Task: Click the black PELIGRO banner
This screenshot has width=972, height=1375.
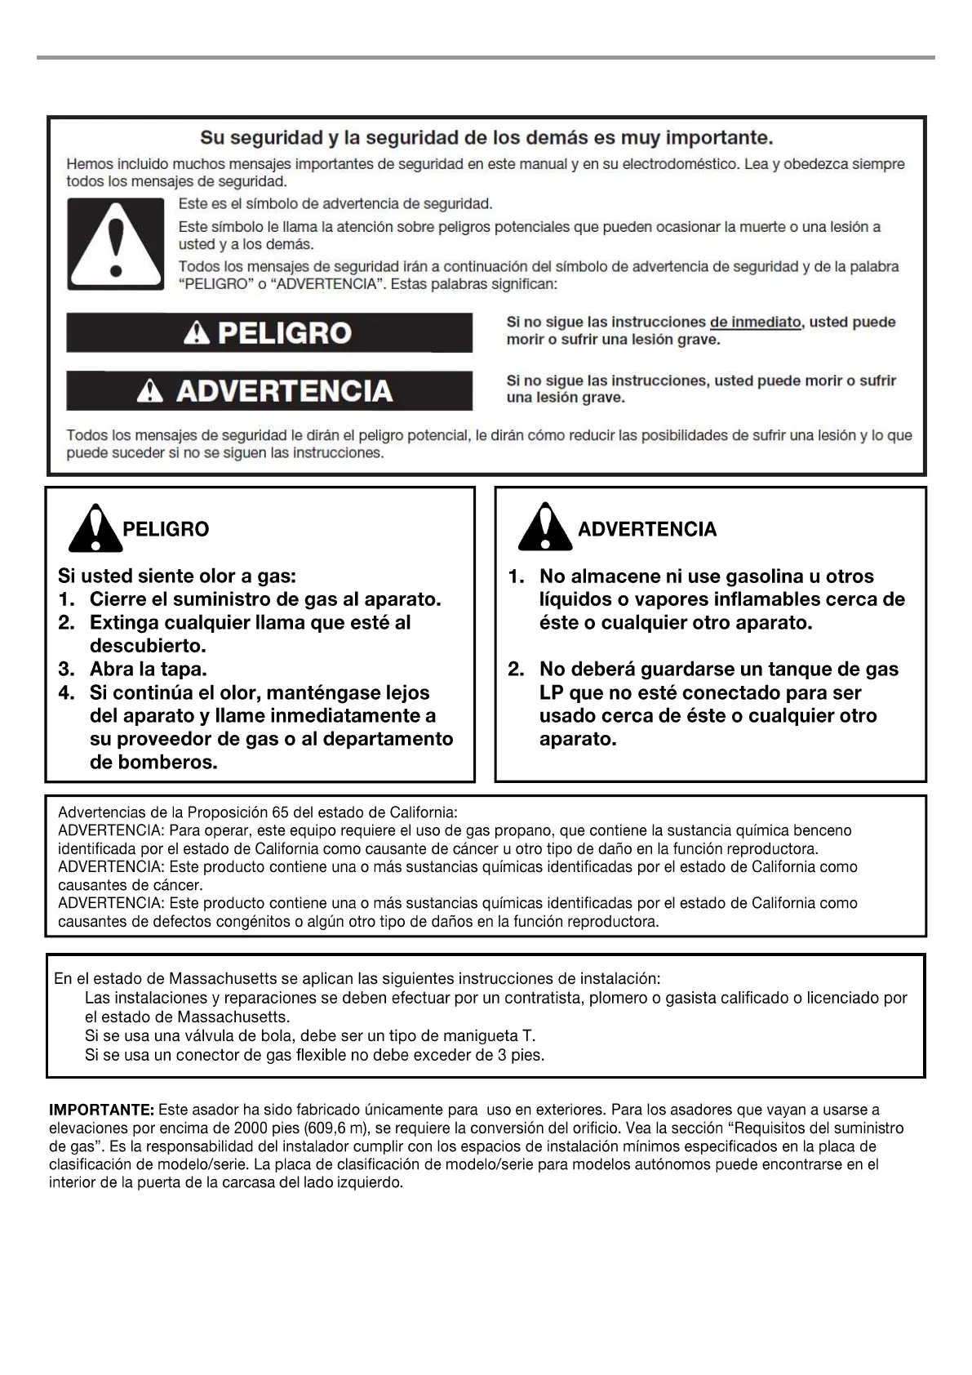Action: [x=269, y=333]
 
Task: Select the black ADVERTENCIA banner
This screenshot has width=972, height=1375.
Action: [x=269, y=391]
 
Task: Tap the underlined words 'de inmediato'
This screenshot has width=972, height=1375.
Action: [x=755, y=322]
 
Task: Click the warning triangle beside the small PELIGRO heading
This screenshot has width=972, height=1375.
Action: [x=95, y=528]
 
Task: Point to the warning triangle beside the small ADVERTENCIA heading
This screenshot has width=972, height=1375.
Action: [x=544, y=527]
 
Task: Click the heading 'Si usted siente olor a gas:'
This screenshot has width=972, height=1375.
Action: [x=176, y=576]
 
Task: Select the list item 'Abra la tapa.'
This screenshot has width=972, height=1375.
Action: [x=148, y=669]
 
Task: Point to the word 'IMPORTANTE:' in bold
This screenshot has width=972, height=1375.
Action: [x=101, y=1110]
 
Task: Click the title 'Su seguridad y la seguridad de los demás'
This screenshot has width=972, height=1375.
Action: [x=486, y=137]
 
